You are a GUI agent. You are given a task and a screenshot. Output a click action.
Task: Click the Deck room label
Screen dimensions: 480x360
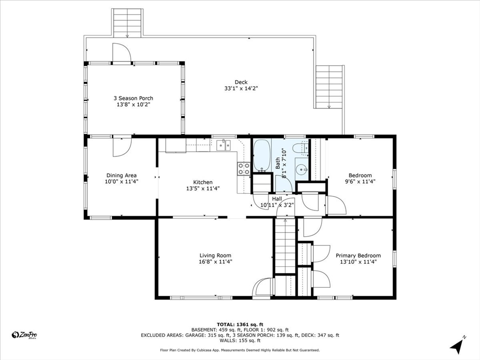point(241,82)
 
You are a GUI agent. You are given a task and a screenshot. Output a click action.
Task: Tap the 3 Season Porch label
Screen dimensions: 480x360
point(133,98)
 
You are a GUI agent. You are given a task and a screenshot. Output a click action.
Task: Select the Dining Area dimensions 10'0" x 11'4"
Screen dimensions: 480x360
point(121,181)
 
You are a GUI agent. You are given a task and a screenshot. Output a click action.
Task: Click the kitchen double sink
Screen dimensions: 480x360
point(224,145)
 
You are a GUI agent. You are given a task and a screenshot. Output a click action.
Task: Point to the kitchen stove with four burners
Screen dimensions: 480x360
point(244,169)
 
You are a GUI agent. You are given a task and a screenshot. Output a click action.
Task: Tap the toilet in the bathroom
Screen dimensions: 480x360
point(300,149)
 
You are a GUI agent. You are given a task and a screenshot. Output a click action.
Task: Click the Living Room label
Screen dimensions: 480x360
point(215,255)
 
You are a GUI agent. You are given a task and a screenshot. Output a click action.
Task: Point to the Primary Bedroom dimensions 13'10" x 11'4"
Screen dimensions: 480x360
point(358,262)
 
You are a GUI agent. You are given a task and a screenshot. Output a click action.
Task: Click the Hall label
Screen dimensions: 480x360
point(277,199)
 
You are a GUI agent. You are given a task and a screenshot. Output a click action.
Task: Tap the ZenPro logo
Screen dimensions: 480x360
point(24,335)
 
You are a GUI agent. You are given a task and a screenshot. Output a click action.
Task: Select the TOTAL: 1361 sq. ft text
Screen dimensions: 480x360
point(240,324)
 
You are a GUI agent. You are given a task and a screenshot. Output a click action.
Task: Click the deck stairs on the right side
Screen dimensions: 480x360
point(329,87)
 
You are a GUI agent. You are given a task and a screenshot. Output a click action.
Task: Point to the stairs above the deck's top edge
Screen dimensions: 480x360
point(127,22)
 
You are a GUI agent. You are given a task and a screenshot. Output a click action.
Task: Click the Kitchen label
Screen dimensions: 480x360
point(202,182)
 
